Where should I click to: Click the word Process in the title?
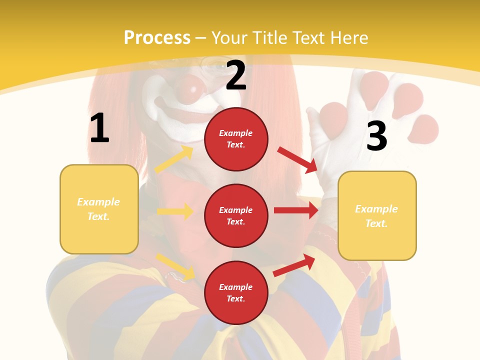pyautogui.click(x=157, y=38)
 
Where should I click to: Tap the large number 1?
pyautogui.click(x=99, y=128)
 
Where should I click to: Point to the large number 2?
pyautogui.click(x=236, y=75)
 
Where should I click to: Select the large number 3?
pyautogui.click(x=376, y=136)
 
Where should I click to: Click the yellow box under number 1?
pyautogui.click(x=99, y=209)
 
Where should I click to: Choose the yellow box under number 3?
pyautogui.click(x=377, y=216)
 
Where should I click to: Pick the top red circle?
pyautogui.click(x=236, y=139)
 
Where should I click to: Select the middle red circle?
pyautogui.click(x=236, y=215)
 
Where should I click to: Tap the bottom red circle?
pyautogui.click(x=236, y=292)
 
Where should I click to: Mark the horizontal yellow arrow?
pyautogui.click(x=175, y=211)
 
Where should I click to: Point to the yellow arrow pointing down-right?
pyautogui.click(x=175, y=266)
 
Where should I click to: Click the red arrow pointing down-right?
pyautogui.click(x=297, y=159)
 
